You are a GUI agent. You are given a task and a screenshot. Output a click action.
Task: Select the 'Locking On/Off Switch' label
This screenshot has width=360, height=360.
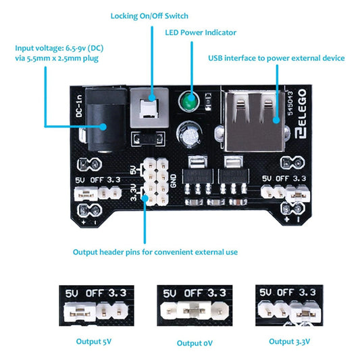(149, 15)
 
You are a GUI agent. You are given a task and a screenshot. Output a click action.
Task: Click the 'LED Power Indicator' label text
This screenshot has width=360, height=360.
(201, 32)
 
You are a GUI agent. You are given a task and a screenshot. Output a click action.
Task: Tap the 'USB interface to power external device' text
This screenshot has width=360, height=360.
(276, 58)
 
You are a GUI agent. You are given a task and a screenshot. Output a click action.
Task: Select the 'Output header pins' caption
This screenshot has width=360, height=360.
(155, 252)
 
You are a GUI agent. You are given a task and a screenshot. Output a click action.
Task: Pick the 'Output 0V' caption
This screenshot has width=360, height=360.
(195, 343)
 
